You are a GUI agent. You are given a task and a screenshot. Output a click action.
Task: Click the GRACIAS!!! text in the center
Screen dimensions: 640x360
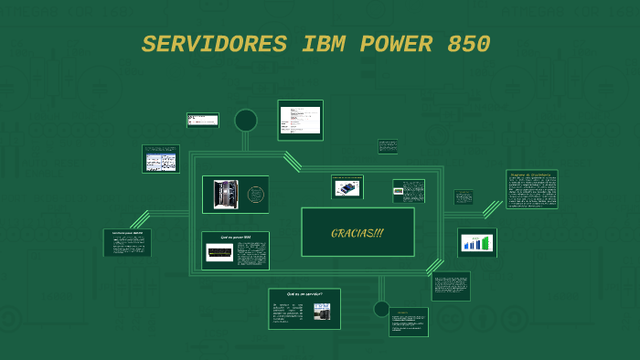[x=357, y=233]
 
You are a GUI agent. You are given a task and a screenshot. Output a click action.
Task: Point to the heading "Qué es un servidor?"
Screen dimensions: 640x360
[x=304, y=294]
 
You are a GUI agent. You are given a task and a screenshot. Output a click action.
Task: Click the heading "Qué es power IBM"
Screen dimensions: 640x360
[x=235, y=237]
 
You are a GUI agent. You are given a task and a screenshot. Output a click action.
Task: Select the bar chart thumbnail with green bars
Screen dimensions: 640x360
[x=476, y=243]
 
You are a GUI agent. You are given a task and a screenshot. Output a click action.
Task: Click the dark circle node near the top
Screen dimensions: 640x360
[x=246, y=121]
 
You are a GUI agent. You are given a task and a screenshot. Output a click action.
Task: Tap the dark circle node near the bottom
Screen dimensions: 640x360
[x=381, y=309]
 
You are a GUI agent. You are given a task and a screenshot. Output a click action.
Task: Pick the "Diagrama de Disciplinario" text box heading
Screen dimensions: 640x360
[x=531, y=174]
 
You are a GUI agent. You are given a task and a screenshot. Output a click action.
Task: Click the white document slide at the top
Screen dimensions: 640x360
[x=300, y=120]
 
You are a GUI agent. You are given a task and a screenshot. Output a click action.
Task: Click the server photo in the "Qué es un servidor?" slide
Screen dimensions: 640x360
[x=322, y=311]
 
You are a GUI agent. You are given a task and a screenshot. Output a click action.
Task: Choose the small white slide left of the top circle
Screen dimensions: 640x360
[x=203, y=120]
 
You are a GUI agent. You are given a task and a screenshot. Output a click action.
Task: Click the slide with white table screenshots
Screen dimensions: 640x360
[x=161, y=159]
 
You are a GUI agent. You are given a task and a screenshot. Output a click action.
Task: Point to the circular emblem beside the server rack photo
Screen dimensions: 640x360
[x=256, y=195]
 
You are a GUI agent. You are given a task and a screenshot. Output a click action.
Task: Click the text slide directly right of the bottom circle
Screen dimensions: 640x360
[x=408, y=322]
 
